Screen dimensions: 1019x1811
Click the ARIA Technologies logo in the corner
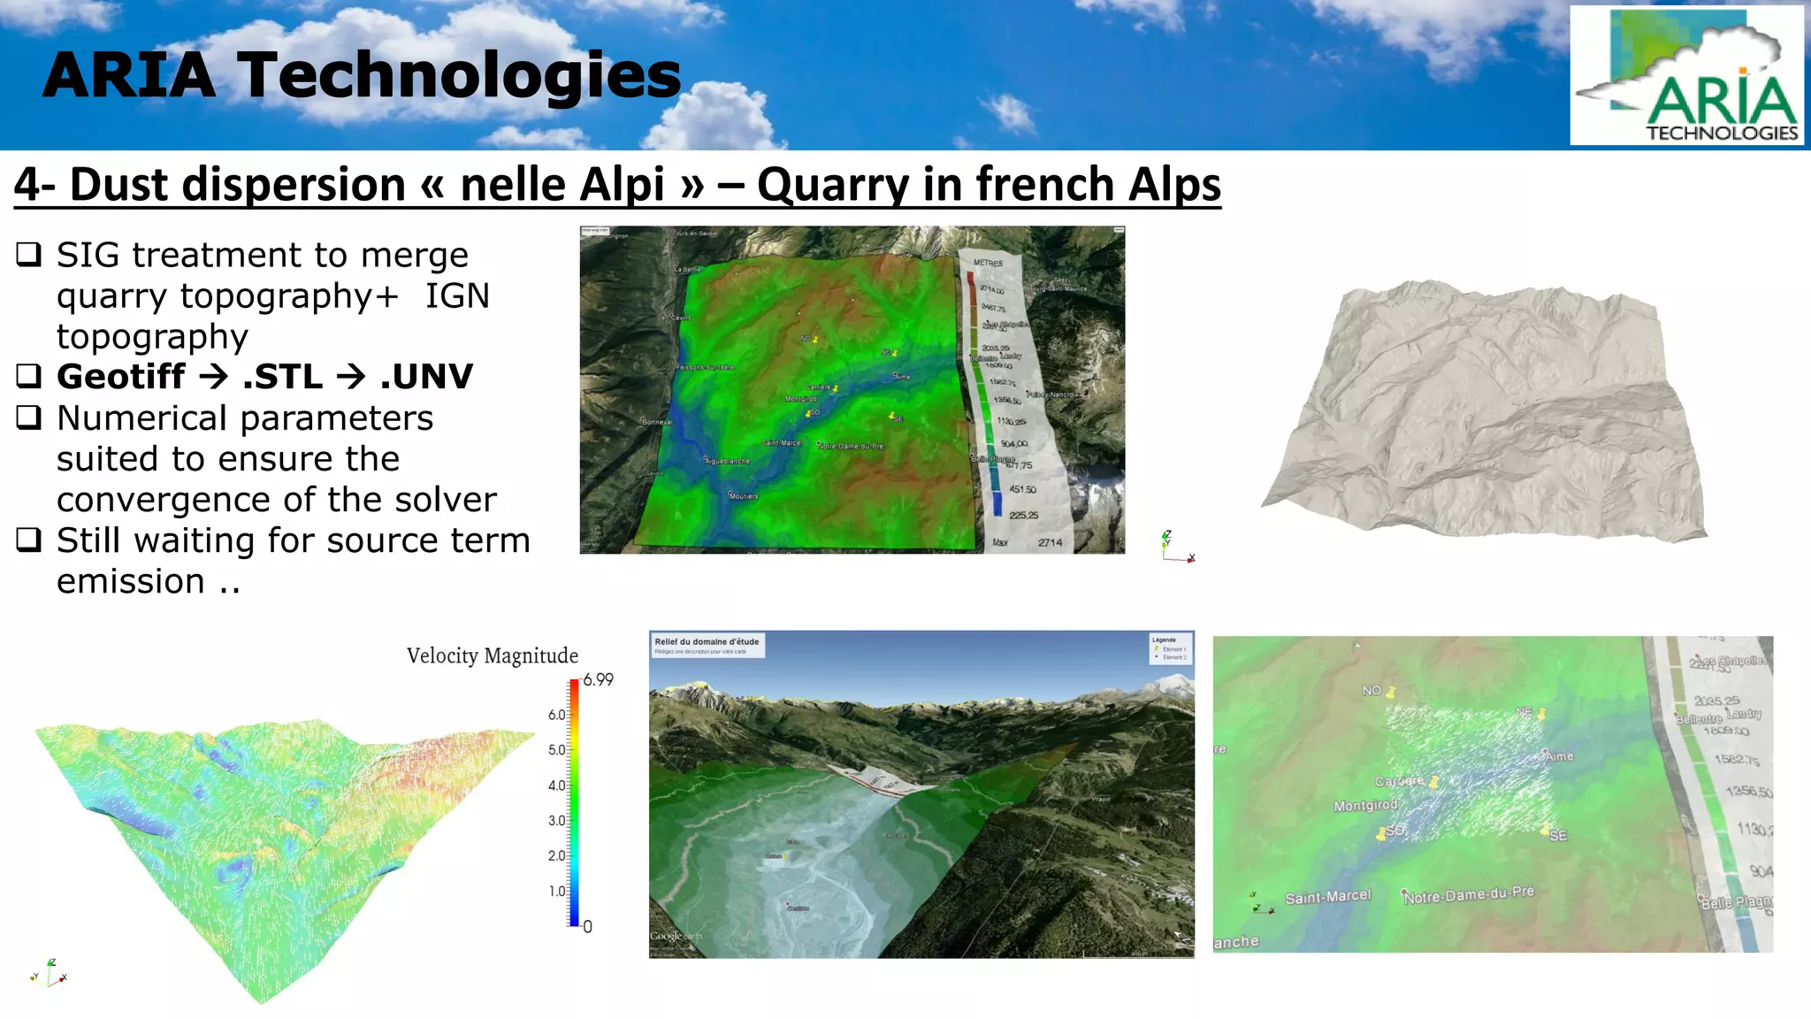click(x=1687, y=76)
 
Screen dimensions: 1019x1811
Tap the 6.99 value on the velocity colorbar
click(x=598, y=680)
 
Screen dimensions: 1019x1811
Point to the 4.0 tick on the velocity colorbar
click(x=557, y=785)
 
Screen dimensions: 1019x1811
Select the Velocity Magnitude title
click(x=493, y=655)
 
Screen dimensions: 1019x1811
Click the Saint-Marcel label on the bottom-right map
click(x=1327, y=897)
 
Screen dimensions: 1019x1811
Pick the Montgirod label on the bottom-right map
click(x=1365, y=806)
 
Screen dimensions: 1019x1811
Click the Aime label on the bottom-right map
click(x=1560, y=756)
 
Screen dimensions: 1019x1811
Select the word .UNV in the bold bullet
click(x=426, y=377)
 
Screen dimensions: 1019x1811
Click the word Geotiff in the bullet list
click(x=121, y=377)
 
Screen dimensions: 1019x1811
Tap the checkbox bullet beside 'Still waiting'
click(x=28, y=540)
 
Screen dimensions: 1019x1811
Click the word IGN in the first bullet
click(x=457, y=296)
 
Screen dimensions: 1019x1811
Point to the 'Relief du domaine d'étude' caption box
click(x=707, y=645)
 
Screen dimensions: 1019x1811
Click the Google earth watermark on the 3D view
click(x=677, y=936)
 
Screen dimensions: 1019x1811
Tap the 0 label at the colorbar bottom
click(x=588, y=927)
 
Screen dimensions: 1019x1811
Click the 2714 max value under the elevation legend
click(x=1050, y=542)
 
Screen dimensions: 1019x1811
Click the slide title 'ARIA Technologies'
click(x=362, y=75)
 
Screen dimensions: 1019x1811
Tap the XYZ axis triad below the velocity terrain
click(x=50, y=973)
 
